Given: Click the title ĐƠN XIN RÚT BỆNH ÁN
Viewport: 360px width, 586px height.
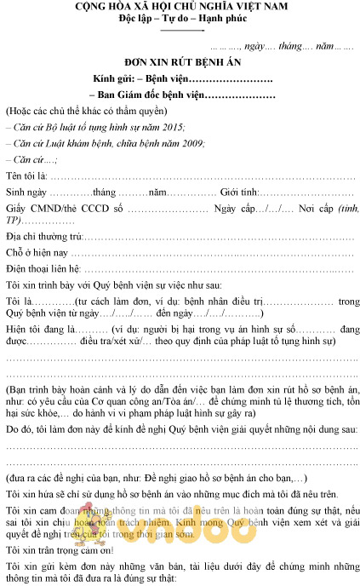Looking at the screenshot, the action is [x=180, y=65].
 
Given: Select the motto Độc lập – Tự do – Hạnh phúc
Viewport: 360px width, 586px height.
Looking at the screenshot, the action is [x=180, y=20].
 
